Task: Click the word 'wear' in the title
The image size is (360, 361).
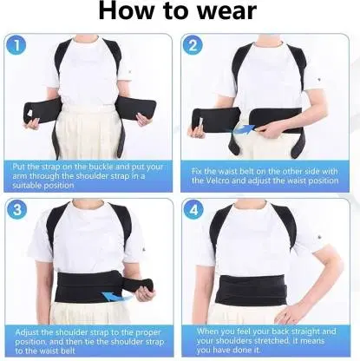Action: point(227,11)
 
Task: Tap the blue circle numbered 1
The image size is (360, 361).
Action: point(16,46)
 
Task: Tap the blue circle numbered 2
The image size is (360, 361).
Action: point(193,46)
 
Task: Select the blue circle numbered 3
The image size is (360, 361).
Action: point(17,210)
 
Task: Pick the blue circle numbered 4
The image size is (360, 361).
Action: point(193,210)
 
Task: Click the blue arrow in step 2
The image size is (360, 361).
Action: point(243,129)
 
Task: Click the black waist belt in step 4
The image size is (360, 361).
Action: point(251,291)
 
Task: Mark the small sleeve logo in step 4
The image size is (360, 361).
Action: point(319,237)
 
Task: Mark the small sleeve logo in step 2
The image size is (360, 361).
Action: point(318,78)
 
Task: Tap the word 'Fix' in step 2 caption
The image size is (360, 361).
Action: point(197,172)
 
